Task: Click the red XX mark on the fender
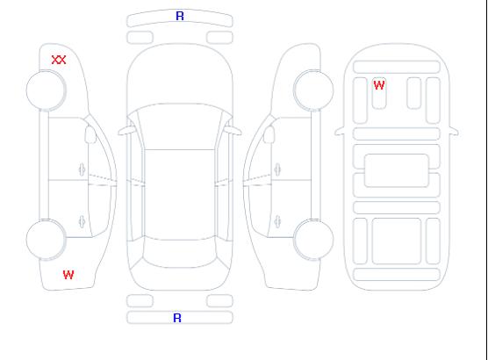[x=59, y=60]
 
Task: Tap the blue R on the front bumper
[x=180, y=16]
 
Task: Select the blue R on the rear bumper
[x=177, y=318]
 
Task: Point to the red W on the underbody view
[x=379, y=85]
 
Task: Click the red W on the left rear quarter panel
[x=68, y=275]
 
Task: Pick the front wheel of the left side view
[x=46, y=90]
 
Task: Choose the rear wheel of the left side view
[x=46, y=240]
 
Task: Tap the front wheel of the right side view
[x=313, y=90]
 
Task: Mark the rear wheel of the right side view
[x=313, y=240]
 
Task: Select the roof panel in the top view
[x=180, y=195]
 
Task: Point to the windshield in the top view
[x=180, y=126]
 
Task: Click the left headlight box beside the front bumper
[x=140, y=38]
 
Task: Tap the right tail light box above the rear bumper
[x=219, y=301]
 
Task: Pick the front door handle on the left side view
[x=83, y=169]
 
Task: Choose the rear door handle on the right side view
[x=277, y=222]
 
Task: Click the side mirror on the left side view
[x=90, y=134]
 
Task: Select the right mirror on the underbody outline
[x=454, y=131]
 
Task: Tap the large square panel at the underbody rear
[x=397, y=241]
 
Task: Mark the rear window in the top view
[x=180, y=254]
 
